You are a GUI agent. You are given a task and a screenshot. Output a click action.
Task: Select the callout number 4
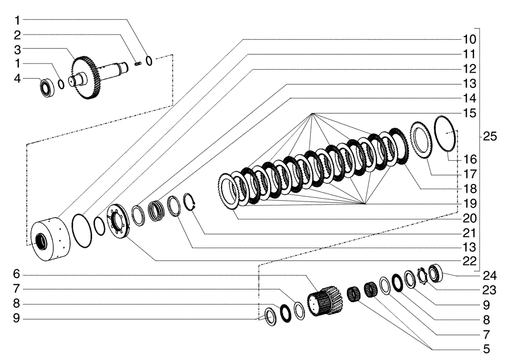tap(17, 79)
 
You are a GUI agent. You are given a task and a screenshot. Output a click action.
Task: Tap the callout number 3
tap(17, 49)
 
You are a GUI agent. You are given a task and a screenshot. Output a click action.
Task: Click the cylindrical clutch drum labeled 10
tap(50, 239)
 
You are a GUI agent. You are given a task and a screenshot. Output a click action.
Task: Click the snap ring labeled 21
tap(189, 201)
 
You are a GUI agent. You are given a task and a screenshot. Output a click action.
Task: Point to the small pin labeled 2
tap(138, 63)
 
